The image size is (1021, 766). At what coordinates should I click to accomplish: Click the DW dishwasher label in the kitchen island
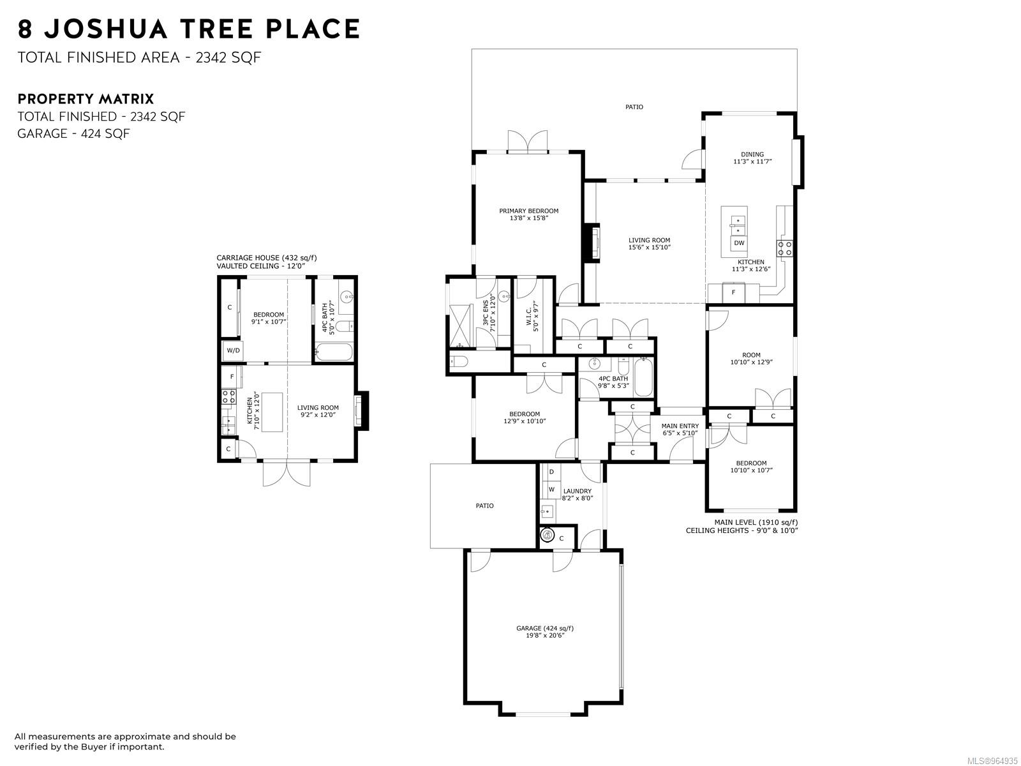tap(739, 243)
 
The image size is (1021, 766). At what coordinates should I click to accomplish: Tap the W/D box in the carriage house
tap(233, 350)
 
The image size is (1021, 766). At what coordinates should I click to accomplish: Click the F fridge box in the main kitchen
tap(733, 292)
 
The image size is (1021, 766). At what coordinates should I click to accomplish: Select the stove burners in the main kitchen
tap(785, 248)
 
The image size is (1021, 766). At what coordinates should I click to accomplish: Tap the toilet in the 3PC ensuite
tap(459, 361)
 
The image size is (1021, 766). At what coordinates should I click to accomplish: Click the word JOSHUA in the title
tap(105, 29)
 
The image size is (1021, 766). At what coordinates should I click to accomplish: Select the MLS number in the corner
tap(992, 761)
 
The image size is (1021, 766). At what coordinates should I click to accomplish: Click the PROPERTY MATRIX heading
tap(86, 98)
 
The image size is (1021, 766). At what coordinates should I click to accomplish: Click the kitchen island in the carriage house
tap(272, 412)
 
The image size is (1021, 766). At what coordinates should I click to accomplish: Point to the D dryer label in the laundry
tap(551, 472)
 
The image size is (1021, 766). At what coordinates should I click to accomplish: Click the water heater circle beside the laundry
tap(548, 536)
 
